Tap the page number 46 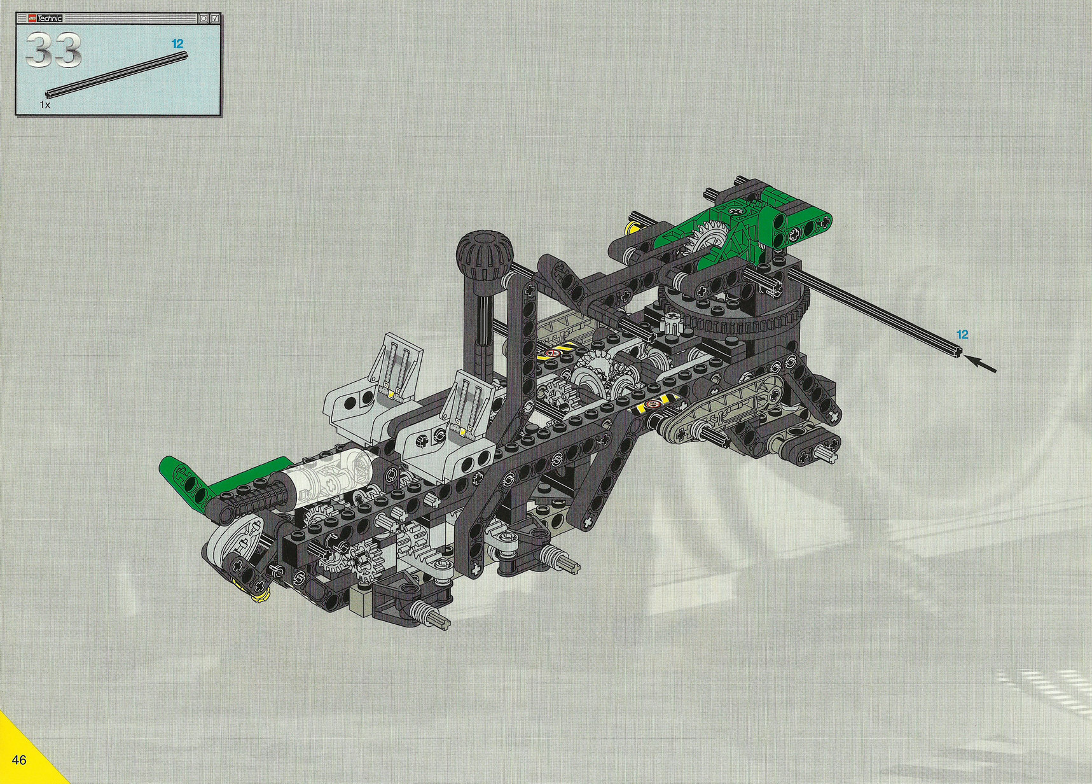(18, 760)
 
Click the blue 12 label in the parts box (177, 43)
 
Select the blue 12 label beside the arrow (962, 334)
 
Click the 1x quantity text (45, 104)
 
